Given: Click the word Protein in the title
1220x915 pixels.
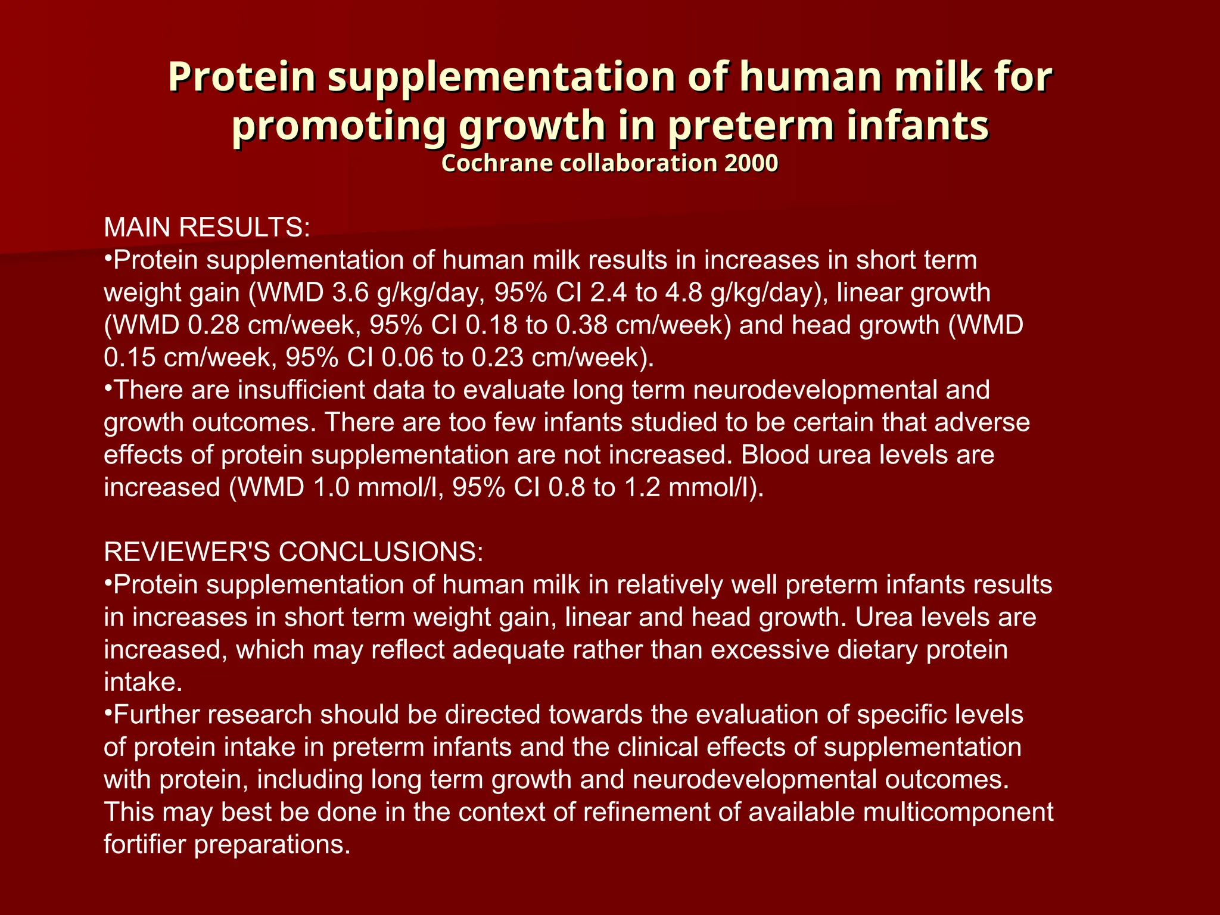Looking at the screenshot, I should [241, 77].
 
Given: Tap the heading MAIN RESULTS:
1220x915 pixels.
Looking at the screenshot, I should [207, 228].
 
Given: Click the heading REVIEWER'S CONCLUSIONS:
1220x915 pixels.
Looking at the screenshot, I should [294, 552].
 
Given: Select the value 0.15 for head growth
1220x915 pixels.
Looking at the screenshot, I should [129, 357].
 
